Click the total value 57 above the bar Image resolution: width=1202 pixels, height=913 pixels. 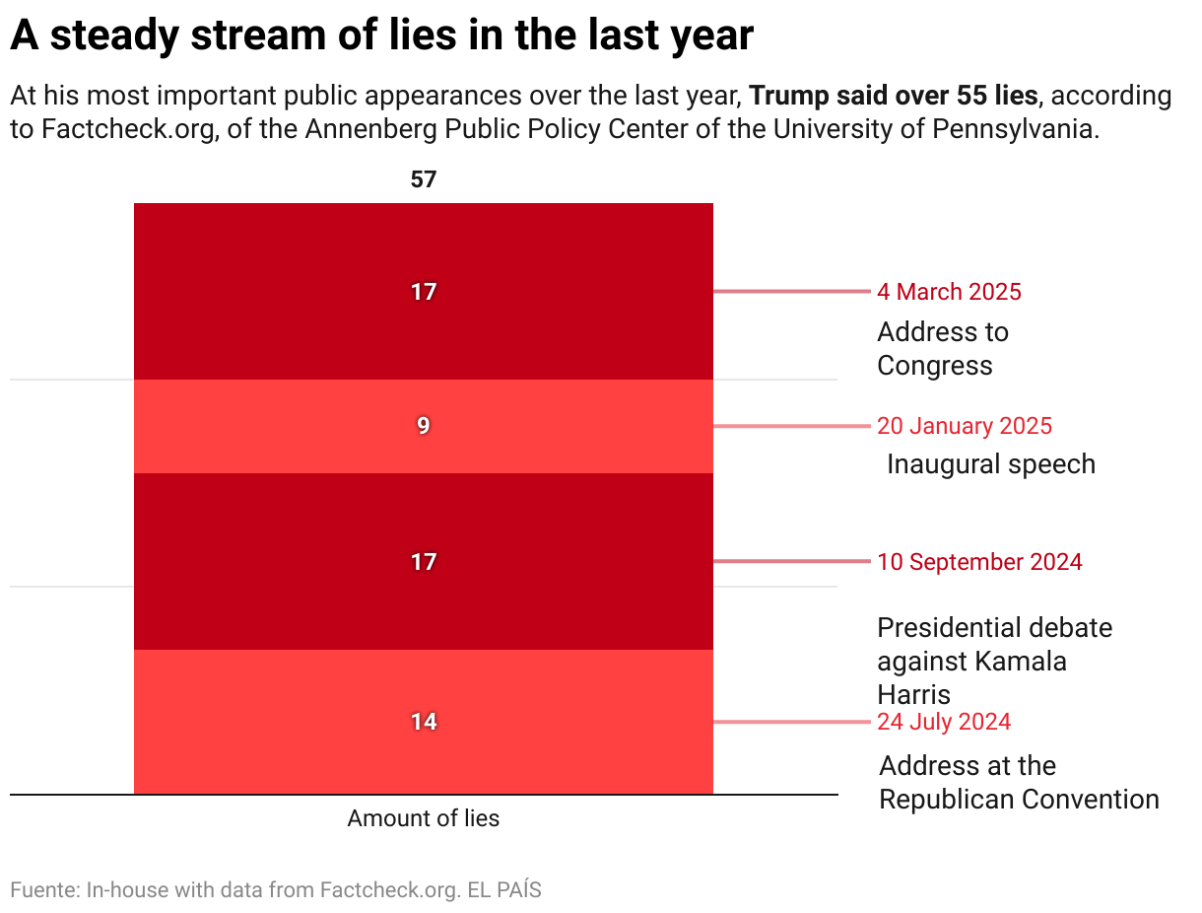tap(424, 179)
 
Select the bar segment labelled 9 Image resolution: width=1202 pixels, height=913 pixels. tap(424, 426)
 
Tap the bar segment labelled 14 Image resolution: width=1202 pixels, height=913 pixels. tap(424, 722)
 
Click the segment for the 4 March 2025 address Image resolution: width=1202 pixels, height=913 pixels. tap(424, 292)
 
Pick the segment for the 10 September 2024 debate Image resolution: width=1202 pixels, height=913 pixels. tap(424, 562)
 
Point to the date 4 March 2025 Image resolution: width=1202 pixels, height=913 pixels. tap(949, 292)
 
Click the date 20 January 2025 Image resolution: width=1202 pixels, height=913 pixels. tap(965, 426)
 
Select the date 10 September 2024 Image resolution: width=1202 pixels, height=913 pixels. tap(979, 562)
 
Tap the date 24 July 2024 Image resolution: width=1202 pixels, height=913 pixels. tap(944, 722)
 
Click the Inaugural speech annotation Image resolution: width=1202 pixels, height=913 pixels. tap(990, 464)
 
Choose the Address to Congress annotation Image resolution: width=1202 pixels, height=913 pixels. tap(943, 348)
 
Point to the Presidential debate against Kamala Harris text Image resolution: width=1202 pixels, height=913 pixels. tap(993, 661)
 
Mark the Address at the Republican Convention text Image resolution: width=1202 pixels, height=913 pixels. tap(1018, 782)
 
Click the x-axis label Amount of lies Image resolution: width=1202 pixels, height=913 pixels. tap(424, 818)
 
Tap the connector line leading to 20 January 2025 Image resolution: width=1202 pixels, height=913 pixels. tap(793, 426)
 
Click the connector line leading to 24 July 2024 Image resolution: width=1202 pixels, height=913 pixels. tap(793, 722)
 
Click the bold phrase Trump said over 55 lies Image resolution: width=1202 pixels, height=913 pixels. tap(893, 97)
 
